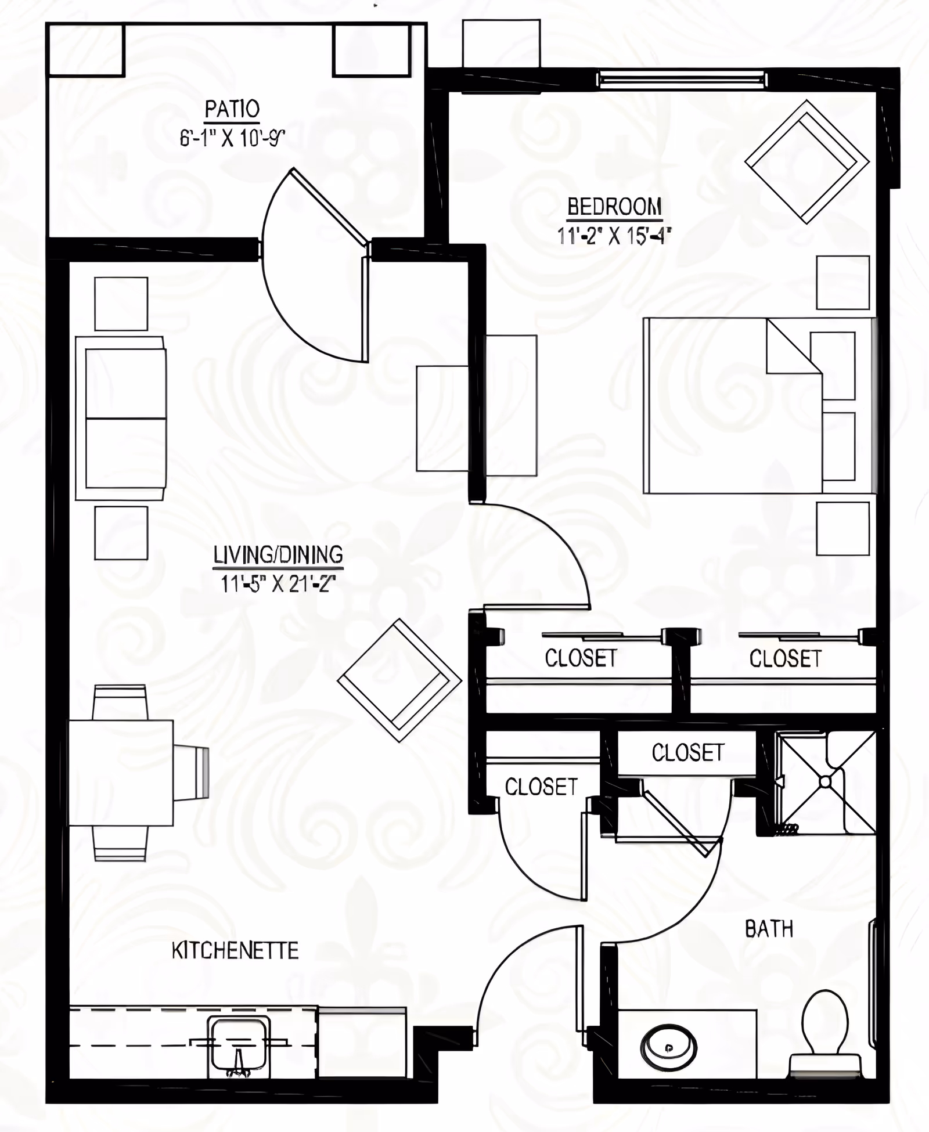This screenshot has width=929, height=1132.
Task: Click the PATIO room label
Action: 232,109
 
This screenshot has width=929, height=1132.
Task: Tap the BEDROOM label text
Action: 614,207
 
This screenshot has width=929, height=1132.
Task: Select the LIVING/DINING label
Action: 278,555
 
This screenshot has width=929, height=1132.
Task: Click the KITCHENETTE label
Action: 235,951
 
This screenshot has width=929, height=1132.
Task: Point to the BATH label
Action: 769,929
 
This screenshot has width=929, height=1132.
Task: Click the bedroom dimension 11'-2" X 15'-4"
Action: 614,236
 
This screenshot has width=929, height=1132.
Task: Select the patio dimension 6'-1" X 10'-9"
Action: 232,139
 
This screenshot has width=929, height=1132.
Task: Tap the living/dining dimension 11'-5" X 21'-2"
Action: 278,583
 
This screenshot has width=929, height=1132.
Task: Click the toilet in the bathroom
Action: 824,1028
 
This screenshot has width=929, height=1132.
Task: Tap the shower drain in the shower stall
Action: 825,783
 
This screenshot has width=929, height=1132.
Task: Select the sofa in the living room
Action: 121,418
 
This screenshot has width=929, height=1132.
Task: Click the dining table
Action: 121,773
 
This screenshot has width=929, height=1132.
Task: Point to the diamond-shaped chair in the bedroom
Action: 806,161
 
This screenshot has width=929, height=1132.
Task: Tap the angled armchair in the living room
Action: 399,680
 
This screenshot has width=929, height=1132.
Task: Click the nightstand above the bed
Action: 842,282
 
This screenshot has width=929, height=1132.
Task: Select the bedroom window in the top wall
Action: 682,79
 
